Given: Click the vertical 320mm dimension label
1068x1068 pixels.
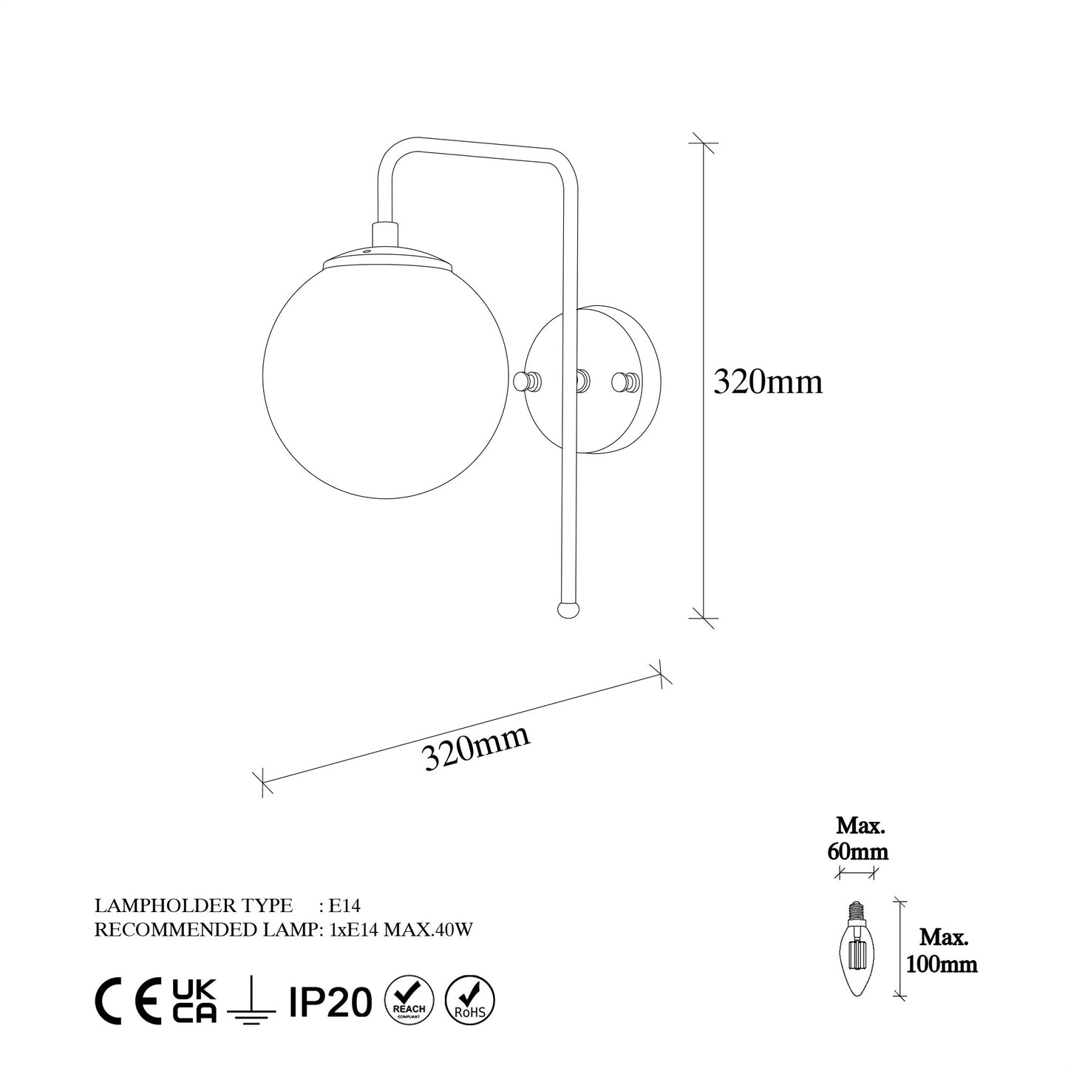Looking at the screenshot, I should (x=767, y=382).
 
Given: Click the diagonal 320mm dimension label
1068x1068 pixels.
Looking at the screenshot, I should (x=477, y=747).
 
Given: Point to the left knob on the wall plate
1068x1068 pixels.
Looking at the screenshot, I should (x=526, y=381).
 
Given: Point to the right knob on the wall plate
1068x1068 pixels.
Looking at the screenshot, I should (x=627, y=381).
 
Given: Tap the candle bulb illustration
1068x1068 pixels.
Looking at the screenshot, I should (x=858, y=949).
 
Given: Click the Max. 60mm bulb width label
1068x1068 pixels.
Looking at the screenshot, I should (x=858, y=838).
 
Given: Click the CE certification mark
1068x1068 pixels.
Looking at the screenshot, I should (x=129, y=1001).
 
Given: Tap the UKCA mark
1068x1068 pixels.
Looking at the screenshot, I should (x=194, y=1001).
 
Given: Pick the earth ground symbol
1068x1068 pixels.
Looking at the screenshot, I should (x=248, y=1001).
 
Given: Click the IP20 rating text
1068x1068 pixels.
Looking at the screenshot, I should (x=326, y=1001).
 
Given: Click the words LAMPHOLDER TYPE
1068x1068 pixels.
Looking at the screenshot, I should (x=194, y=905).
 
